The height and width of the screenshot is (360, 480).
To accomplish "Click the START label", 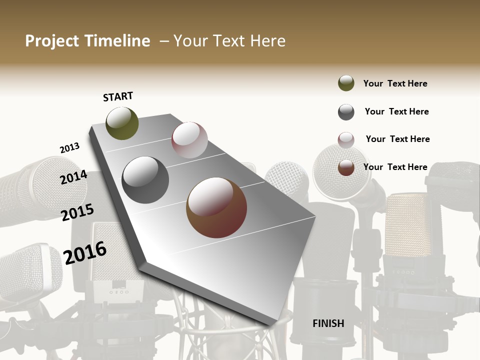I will click(118, 96).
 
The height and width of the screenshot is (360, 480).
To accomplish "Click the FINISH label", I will click(328, 323).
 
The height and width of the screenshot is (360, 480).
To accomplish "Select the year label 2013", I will click(69, 148).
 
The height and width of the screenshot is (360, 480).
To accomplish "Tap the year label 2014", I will click(73, 177).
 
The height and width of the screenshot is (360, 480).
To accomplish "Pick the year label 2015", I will click(77, 212).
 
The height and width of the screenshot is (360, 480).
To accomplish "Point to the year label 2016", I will click(85, 252).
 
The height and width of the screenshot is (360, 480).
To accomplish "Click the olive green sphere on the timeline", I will click(122, 123).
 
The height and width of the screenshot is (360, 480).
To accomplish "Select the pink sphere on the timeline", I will click(189, 140).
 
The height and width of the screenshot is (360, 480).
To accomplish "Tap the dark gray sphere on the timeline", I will click(145, 180).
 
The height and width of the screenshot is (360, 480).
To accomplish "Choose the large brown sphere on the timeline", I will click(216, 207).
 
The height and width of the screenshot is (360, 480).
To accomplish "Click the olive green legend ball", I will click(346, 83).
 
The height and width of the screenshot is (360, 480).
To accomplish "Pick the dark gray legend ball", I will click(346, 112).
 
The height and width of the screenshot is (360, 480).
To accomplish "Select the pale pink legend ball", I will click(346, 140).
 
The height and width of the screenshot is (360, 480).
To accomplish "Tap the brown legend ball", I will click(346, 167).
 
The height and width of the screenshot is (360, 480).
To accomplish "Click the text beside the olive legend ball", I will click(395, 83).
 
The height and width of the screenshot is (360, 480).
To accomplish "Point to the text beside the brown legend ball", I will click(395, 167).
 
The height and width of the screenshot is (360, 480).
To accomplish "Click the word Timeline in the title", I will click(117, 41).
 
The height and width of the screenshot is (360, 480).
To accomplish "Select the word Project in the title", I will click(52, 41).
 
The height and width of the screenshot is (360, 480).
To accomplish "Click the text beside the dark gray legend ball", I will click(396, 111).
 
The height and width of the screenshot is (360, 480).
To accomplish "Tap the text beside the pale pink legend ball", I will click(397, 139).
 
